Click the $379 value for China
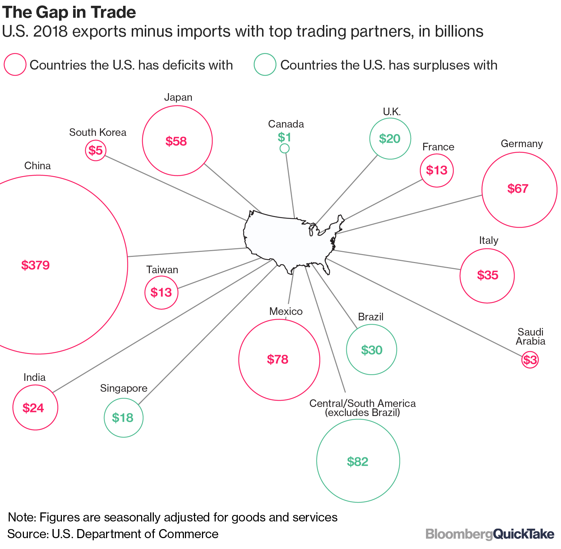click(x=35, y=265)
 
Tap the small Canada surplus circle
click(x=284, y=148)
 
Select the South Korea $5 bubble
click(x=96, y=150)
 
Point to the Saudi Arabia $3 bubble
click(x=530, y=360)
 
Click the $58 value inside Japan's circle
click(x=176, y=141)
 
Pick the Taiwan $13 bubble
click(x=161, y=292)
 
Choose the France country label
click(x=438, y=147)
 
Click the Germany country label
click(x=522, y=144)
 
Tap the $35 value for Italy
click(x=488, y=275)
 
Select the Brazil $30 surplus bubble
click(x=372, y=349)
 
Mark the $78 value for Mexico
click(x=278, y=359)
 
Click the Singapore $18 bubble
click(x=123, y=417)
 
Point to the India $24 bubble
click(x=35, y=407)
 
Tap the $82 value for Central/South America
click(x=358, y=462)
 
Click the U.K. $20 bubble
click(x=390, y=138)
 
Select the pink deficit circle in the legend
click(x=15, y=65)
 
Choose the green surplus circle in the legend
click(x=265, y=65)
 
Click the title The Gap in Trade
click(x=69, y=12)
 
